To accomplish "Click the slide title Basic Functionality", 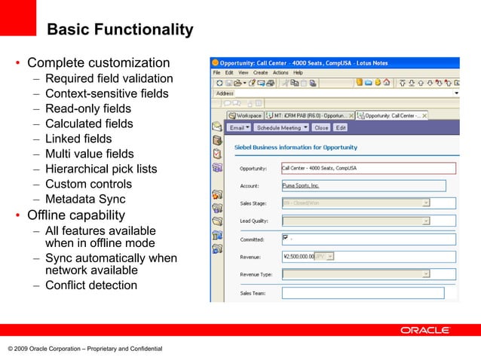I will pos(119,30).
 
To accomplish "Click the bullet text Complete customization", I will pos(98,63).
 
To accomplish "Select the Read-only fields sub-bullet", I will pos(87,108).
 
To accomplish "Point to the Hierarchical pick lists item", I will pos(100,169).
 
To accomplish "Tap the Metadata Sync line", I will pos(84,200).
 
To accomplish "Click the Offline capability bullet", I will pos(75,216).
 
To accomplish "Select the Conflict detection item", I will pos(90,285).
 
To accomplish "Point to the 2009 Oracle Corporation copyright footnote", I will pos(84,349).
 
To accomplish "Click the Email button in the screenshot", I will pos(239,128).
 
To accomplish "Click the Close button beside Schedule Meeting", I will pos(320,128).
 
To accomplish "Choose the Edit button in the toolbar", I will pos(341,128).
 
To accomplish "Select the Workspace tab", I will pos(245,115).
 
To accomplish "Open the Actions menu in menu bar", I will pos(280,72).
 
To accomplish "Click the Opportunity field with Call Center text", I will pos(368,169).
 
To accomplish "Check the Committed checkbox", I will pos(286,238).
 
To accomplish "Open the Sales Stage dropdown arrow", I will pos(426,203).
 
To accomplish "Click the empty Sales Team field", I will pos(363,292).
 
